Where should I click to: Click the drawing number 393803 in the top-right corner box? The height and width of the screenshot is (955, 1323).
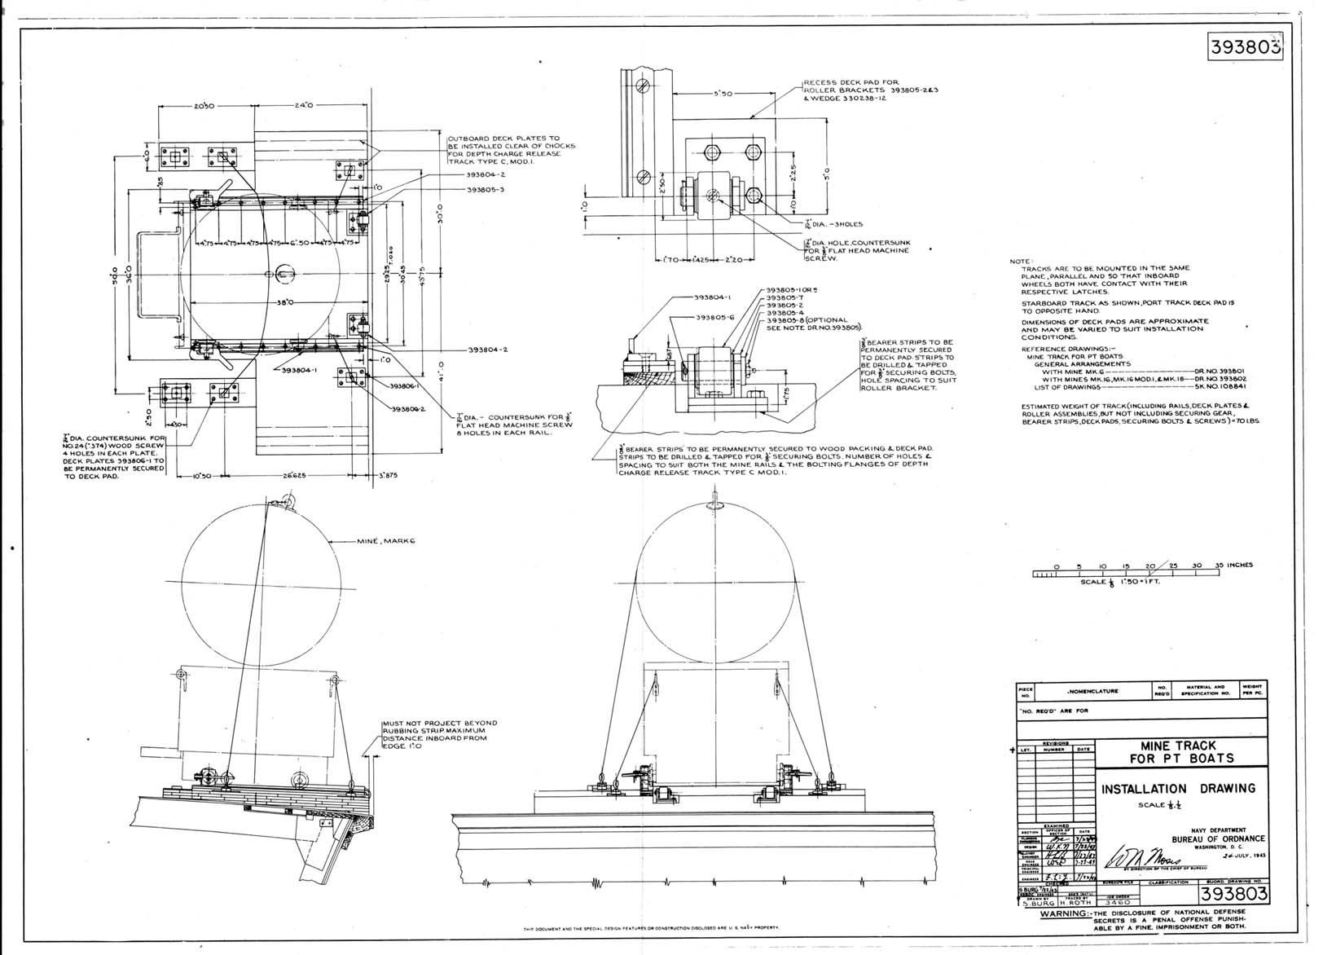[x=1243, y=47]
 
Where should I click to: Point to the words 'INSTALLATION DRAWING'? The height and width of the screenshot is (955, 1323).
[x=1178, y=789]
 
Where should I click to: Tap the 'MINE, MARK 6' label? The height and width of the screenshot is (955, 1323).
[x=385, y=541]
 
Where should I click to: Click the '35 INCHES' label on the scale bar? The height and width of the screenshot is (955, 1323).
[x=1232, y=565]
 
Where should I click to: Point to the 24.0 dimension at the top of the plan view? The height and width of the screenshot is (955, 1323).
[x=305, y=105]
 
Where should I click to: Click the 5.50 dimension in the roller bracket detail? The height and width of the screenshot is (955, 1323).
[x=723, y=94]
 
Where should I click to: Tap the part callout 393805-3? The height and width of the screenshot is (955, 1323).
[x=486, y=190]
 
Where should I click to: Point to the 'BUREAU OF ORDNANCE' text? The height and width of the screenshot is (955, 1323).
[x=1218, y=838]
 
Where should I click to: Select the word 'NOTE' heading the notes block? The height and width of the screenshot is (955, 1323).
[x=1019, y=261]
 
